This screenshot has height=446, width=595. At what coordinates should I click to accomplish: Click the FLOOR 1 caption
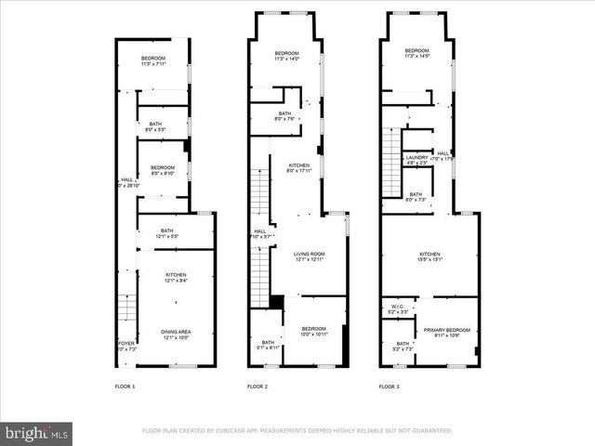coord(125,386)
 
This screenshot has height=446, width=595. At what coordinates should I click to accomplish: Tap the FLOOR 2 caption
coord(257,386)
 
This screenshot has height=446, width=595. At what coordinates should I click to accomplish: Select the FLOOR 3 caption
coord(390,386)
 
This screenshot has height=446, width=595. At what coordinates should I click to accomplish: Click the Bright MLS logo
coord(37,432)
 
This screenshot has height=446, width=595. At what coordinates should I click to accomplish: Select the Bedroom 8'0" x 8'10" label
coord(164,170)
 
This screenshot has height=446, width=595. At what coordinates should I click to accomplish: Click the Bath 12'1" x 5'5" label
coord(166,233)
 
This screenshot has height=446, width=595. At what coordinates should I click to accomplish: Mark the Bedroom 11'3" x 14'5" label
coord(416,53)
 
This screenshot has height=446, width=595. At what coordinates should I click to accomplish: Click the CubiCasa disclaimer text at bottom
coord(297,430)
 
